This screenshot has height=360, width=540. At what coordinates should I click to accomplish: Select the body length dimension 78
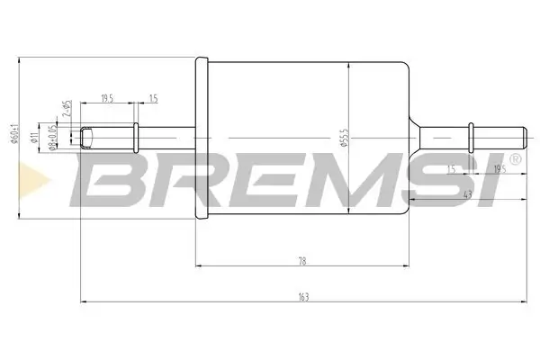click(302, 261)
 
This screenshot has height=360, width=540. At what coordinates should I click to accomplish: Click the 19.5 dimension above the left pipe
click(106, 97)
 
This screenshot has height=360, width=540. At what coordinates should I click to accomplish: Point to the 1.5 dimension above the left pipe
click(153, 97)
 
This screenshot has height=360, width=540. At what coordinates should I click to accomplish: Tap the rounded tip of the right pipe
click(523, 138)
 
